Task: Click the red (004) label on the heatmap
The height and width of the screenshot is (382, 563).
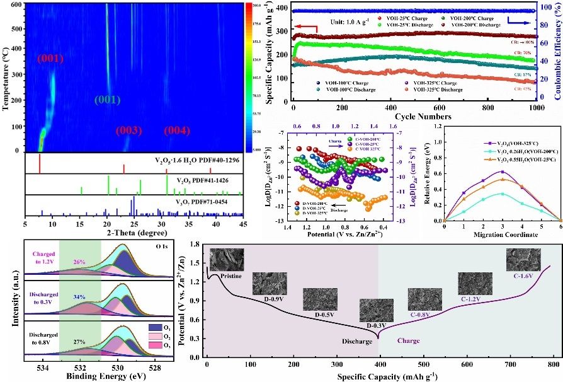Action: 177,130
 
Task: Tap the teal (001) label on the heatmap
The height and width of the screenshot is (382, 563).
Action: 108,100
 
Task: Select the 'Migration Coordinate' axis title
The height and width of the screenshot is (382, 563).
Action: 503,234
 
